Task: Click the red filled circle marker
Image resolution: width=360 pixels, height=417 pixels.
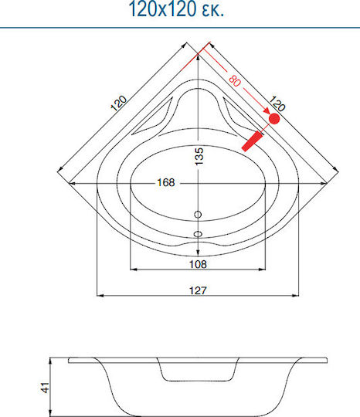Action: tap(274, 118)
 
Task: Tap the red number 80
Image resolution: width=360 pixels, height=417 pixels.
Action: tap(235, 80)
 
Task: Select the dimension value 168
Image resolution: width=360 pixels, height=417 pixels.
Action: tap(166, 182)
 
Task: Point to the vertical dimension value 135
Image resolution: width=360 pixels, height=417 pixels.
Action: tap(199, 156)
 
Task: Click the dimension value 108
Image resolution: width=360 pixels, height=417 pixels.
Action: tap(198, 264)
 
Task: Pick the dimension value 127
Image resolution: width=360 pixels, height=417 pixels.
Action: tap(198, 290)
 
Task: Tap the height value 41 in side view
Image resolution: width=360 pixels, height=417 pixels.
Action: tap(46, 388)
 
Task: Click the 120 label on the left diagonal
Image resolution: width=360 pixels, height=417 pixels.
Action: tap(118, 103)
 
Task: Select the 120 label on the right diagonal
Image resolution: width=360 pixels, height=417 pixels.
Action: tap(277, 103)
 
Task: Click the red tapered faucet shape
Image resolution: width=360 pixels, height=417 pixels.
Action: tap(252, 141)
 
